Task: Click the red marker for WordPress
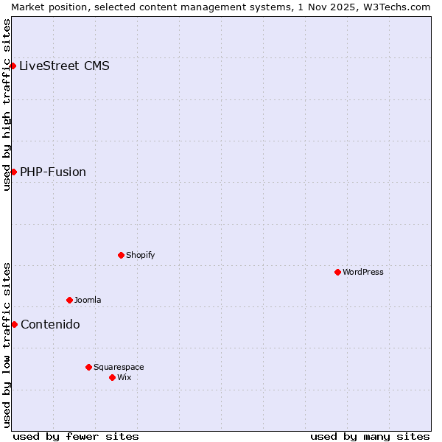(x=337, y=272)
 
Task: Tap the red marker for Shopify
(x=121, y=255)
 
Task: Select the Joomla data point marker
(x=69, y=300)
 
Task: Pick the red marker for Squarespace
(x=88, y=367)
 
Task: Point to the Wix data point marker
(x=112, y=377)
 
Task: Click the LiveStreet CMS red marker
(x=13, y=66)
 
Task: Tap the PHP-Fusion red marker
(x=13, y=172)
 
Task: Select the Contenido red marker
(x=14, y=324)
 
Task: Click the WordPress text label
(x=363, y=272)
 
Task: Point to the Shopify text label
(x=140, y=255)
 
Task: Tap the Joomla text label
(x=88, y=300)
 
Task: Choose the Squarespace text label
(x=119, y=367)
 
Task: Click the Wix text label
(x=124, y=377)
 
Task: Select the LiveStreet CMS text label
(x=64, y=66)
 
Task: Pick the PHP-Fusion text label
(x=53, y=172)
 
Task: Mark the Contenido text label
(x=50, y=324)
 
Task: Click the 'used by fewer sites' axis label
(x=76, y=436)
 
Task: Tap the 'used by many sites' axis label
(x=370, y=436)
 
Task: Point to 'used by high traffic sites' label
(x=7, y=105)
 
